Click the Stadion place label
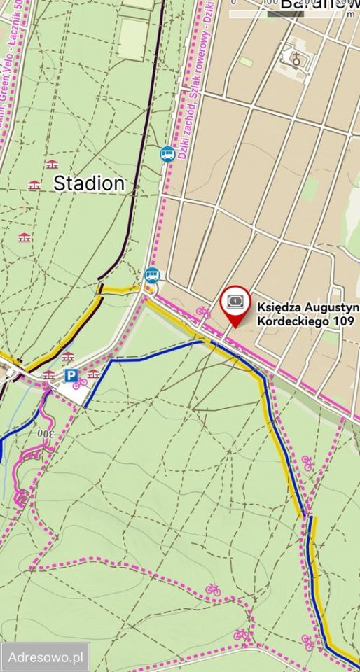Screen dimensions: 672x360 pyautogui.click(x=89, y=183)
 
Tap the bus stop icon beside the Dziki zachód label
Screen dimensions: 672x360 pyautogui.click(x=167, y=153)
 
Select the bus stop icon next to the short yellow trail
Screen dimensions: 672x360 pyautogui.click(x=151, y=275)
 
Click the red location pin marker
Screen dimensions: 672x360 pyautogui.click(x=235, y=306)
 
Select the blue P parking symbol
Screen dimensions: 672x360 pyautogui.click(x=71, y=376)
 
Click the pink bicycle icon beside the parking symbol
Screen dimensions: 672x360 pyautogui.click(x=81, y=383)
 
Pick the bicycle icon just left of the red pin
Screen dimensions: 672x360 pyautogui.click(x=203, y=311)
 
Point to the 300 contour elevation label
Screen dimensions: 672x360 pyautogui.click(x=46, y=435)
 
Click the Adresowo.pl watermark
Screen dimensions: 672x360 pyautogui.click(x=46, y=657)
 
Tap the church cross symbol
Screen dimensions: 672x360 pyautogui.click(x=296, y=59)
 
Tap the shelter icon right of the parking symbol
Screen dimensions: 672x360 pyautogui.click(x=92, y=374)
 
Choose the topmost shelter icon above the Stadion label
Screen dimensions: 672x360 pyautogui.click(x=50, y=165)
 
